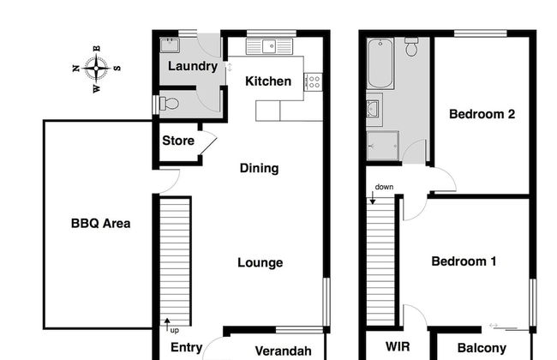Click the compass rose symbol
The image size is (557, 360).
coord(96,66)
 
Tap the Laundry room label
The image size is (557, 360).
coord(192,67)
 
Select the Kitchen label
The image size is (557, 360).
coord(268,82)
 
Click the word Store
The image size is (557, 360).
coord(178,141)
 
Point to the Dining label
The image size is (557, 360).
coord(259,169)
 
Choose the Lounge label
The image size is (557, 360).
coord(260,263)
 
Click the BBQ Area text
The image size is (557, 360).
coord(100,224)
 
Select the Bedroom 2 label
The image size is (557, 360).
coord(482,113)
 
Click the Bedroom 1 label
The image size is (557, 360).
coord(464,262)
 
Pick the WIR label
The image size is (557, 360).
coord(398,348)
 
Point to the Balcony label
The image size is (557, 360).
coord(482,348)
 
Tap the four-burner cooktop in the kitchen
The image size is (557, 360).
coord(314,82)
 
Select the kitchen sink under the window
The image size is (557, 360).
coord(271,45)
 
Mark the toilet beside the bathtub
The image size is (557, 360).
coord(411,48)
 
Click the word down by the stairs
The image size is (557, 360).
coord(384,187)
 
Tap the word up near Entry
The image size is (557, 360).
coord(174,330)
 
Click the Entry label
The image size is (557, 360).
coord(186,348)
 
